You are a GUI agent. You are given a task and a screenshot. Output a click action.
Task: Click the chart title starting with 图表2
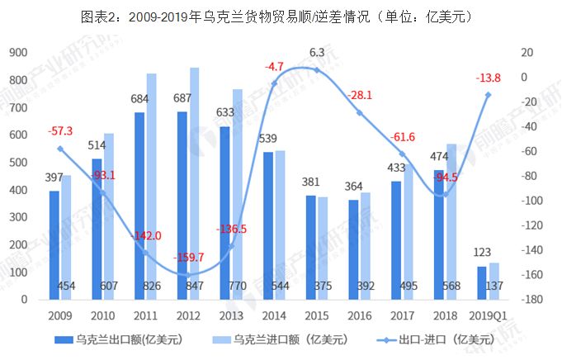[281, 17]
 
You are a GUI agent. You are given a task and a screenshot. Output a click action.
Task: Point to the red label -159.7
[189, 258]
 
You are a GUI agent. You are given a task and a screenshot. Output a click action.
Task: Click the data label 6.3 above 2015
[316, 52]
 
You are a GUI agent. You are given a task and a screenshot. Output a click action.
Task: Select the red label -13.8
[488, 78]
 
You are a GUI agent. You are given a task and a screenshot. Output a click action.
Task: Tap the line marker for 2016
[359, 112]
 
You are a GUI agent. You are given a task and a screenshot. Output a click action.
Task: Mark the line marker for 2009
[59, 149]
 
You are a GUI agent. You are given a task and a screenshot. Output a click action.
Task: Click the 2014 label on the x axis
[273, 315]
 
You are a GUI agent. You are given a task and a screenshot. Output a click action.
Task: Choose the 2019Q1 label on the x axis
[488, 315]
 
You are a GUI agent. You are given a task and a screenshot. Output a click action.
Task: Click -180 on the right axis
[532, 299]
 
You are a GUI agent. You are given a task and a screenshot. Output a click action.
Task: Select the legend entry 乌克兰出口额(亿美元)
[122, 339]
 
